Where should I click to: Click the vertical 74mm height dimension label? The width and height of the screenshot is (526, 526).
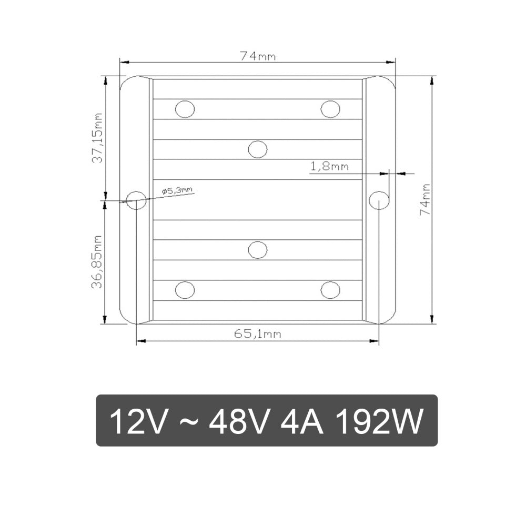426,199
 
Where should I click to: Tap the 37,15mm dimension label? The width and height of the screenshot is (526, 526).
98,138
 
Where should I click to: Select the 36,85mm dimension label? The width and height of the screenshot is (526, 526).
98,262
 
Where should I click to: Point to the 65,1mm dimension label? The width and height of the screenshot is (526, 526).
258,333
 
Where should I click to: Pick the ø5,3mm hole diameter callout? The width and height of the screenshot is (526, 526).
177,191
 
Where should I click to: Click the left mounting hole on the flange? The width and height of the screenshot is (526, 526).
137,200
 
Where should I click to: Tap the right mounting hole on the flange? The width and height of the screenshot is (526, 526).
379,200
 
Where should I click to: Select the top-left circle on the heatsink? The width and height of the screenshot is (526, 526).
185,109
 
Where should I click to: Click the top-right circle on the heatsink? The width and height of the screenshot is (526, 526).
330,109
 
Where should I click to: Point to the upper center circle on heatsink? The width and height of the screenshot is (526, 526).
258,149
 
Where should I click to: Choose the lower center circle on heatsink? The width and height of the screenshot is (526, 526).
258,250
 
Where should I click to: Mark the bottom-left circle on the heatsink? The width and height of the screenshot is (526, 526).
185,290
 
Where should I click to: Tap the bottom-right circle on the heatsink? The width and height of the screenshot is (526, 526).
330,290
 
